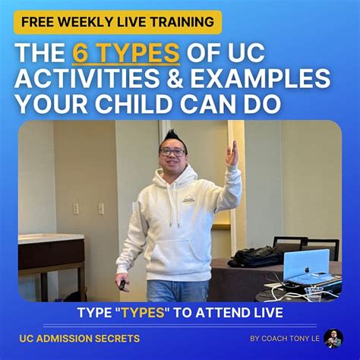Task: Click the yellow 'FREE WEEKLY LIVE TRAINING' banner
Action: (x=118, y=22)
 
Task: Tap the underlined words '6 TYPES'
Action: (x=126, y=52)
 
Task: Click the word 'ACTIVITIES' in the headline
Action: (x=87, y=78)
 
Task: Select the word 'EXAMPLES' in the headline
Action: (x=261, y=78)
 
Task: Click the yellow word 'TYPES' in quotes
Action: (x=144, y=313)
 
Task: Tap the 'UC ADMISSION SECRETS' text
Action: (x=80, y=339)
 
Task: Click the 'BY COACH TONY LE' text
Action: (x=285, y=339)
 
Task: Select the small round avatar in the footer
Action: (x=333, y=339)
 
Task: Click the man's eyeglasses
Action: (x=172, y=152)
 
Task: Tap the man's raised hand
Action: (x=232, y=153)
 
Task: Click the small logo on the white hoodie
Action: (x=189, y=201)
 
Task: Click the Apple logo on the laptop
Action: (x=307, y=269)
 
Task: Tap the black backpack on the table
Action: (x=256, y=256)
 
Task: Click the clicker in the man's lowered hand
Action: (x=122, y=285)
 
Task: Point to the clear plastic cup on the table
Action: (x=314, y=294)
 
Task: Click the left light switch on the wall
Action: (x=76, y=209)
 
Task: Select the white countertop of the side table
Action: (x=51, y=238)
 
